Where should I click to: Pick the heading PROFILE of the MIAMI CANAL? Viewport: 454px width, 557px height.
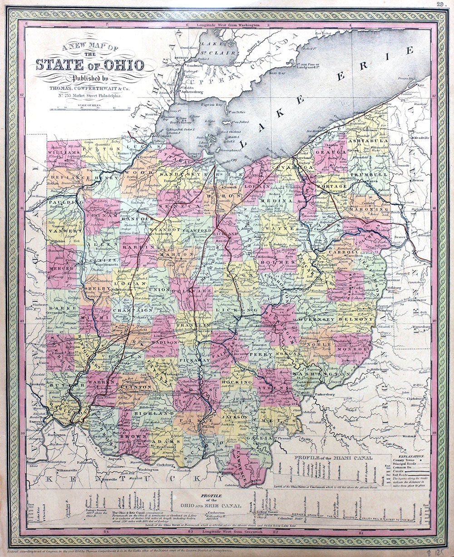333,458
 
